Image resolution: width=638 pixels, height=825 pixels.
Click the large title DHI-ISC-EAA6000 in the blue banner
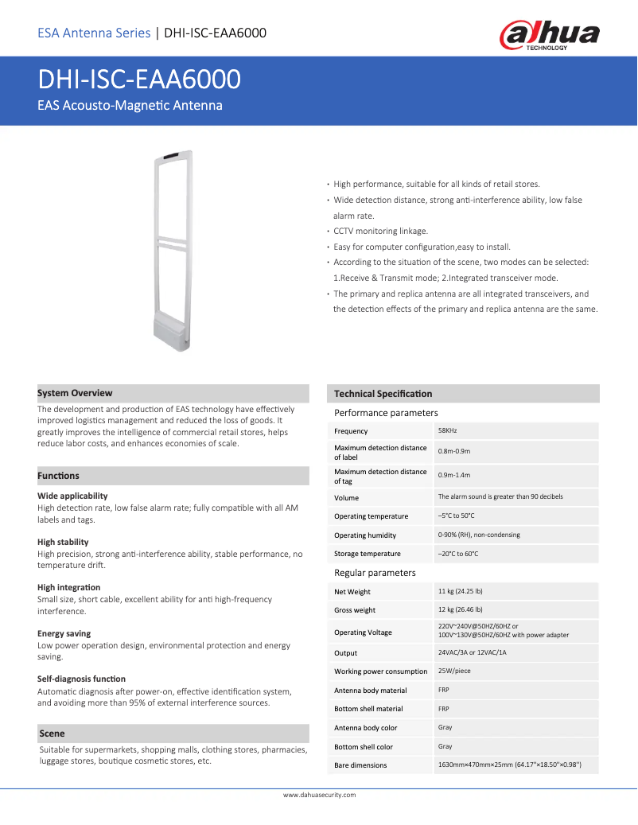139,80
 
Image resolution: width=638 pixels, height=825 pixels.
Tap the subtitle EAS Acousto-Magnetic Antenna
130,106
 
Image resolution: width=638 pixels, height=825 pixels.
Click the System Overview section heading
75,393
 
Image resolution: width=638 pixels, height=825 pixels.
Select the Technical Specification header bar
383,394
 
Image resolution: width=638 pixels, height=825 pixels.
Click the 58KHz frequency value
448,430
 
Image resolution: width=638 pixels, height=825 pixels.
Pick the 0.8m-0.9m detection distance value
454,451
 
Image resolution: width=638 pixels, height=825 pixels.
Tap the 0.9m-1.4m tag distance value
454,475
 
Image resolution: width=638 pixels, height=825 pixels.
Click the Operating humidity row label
364,535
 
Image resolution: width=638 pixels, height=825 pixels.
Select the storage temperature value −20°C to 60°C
458,554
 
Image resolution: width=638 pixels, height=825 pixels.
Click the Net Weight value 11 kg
461,591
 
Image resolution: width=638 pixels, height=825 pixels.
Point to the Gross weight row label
354,610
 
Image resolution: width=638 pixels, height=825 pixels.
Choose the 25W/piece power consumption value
454,671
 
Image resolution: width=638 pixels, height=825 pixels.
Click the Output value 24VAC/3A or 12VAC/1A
472,652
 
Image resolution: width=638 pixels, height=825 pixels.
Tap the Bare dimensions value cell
509,765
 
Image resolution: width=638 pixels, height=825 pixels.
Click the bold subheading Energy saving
64,634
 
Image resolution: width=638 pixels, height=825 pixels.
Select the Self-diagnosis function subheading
81,679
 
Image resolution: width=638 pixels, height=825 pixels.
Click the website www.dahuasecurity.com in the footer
319,795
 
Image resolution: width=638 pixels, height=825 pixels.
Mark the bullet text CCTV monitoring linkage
380,231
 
